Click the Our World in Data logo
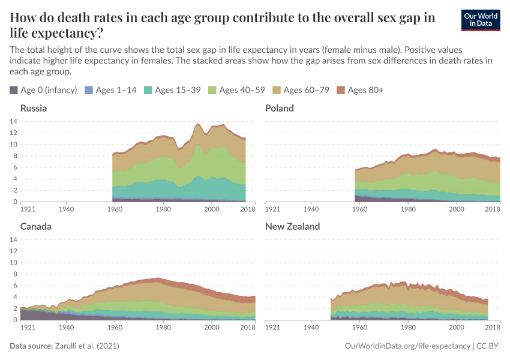[482, 20]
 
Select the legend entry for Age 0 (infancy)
[43, 90]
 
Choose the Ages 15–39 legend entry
[173, 90]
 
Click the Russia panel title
[34, 109]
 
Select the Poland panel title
[279, 109]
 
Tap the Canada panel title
[35, 227]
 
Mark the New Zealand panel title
[292, 227]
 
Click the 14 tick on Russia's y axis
[13, 121]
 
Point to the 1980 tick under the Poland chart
[408, 209]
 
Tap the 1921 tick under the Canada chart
[28, 328]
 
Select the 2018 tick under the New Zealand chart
[493, 328]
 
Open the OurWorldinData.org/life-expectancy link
[408, 347]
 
